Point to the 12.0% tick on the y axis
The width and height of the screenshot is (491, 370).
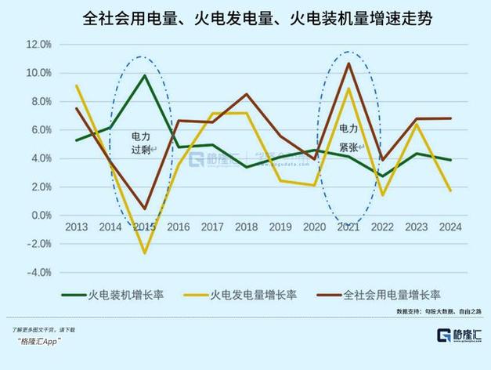pos(38,45)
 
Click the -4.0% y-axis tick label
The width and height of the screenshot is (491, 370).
pos(38,272)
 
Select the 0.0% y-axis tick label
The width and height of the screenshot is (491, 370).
pos(41,216)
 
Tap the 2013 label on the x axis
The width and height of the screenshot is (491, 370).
pos(76,227)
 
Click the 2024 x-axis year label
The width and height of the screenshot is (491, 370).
pos(450,227)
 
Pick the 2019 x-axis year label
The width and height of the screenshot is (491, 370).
pos(280,227)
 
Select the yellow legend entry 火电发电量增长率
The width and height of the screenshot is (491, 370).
pos(251,295)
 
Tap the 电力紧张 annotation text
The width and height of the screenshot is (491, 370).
pos(348,134)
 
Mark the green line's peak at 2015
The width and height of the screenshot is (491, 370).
pos(144,75)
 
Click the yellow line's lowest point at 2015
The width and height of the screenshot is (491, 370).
pos(144,253)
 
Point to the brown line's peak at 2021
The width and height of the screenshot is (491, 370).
pos(348,63)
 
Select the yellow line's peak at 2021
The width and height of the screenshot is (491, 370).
pos(348,89)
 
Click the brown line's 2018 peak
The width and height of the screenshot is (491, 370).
pos(246,94)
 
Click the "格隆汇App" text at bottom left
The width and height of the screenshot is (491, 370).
pos(38,342)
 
